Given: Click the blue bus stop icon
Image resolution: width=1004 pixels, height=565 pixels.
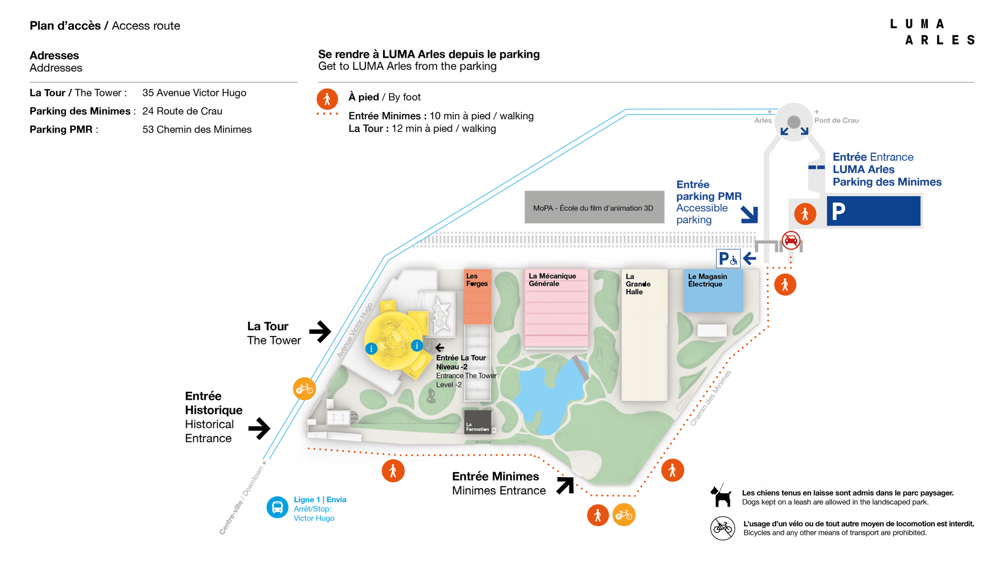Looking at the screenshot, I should (x=277, y=507).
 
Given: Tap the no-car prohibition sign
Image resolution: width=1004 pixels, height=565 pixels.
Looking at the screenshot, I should (x=791, y=240).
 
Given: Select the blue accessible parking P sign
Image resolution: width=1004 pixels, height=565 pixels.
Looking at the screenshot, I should (x=727, y=259).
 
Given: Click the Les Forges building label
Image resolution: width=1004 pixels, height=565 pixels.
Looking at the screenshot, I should (x=476, y=280).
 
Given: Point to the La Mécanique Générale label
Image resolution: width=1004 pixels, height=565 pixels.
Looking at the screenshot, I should (x=552, y=280).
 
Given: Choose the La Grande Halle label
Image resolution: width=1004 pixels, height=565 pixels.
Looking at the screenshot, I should (x=638, y=284).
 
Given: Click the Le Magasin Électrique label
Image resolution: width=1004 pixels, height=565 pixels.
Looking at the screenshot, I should (x=707, y=280).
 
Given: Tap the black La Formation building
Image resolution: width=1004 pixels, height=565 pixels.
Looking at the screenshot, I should (x=477, y=422).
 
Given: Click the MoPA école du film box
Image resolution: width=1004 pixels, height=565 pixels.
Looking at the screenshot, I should (x=594, y=207).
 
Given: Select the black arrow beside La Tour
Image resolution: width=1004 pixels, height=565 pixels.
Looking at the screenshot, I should (x=320, y=331).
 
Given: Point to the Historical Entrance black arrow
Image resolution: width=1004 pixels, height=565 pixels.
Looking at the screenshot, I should (x=259, y=428).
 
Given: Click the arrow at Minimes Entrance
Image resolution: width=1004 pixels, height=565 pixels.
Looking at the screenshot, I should (x=565, y=485).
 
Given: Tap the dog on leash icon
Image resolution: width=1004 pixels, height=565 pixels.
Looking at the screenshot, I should (x=721, y=496).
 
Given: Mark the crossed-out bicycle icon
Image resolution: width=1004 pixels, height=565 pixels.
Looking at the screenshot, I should (x=722, y=528).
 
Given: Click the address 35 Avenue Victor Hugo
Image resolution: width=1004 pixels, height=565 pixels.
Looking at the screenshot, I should (x=194, y=93).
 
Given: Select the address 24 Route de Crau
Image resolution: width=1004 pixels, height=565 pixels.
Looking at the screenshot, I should (x=182, y=111).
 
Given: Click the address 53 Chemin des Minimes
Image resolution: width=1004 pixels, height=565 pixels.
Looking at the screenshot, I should (x=197, y=130).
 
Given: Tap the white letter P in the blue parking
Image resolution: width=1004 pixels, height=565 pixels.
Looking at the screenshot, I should (x=838, y=211).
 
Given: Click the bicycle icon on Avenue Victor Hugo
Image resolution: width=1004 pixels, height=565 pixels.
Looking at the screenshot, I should (x=304, y=389).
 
